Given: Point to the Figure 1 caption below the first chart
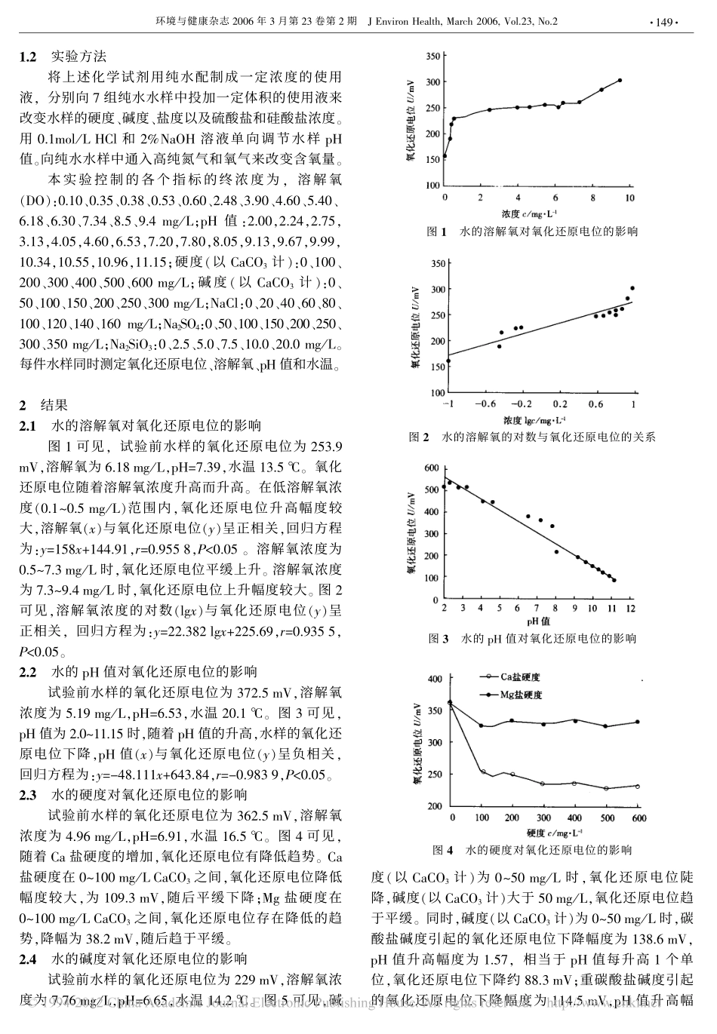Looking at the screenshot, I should coord(532,232).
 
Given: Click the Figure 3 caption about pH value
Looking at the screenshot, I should coord(532,639).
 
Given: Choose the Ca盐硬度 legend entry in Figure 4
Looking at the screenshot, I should coord(522,677).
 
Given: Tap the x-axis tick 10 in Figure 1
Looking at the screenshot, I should coord(630,198).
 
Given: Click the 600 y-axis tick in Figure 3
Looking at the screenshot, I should coord(431,468).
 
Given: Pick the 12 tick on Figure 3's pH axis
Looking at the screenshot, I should coord(629,608).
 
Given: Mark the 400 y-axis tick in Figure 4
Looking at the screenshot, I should coord(435,680).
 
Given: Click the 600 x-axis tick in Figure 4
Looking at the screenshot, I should coord(639,818).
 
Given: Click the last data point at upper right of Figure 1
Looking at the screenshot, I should coord(620,80).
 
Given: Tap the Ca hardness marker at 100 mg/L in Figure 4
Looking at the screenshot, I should coord(482,772).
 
